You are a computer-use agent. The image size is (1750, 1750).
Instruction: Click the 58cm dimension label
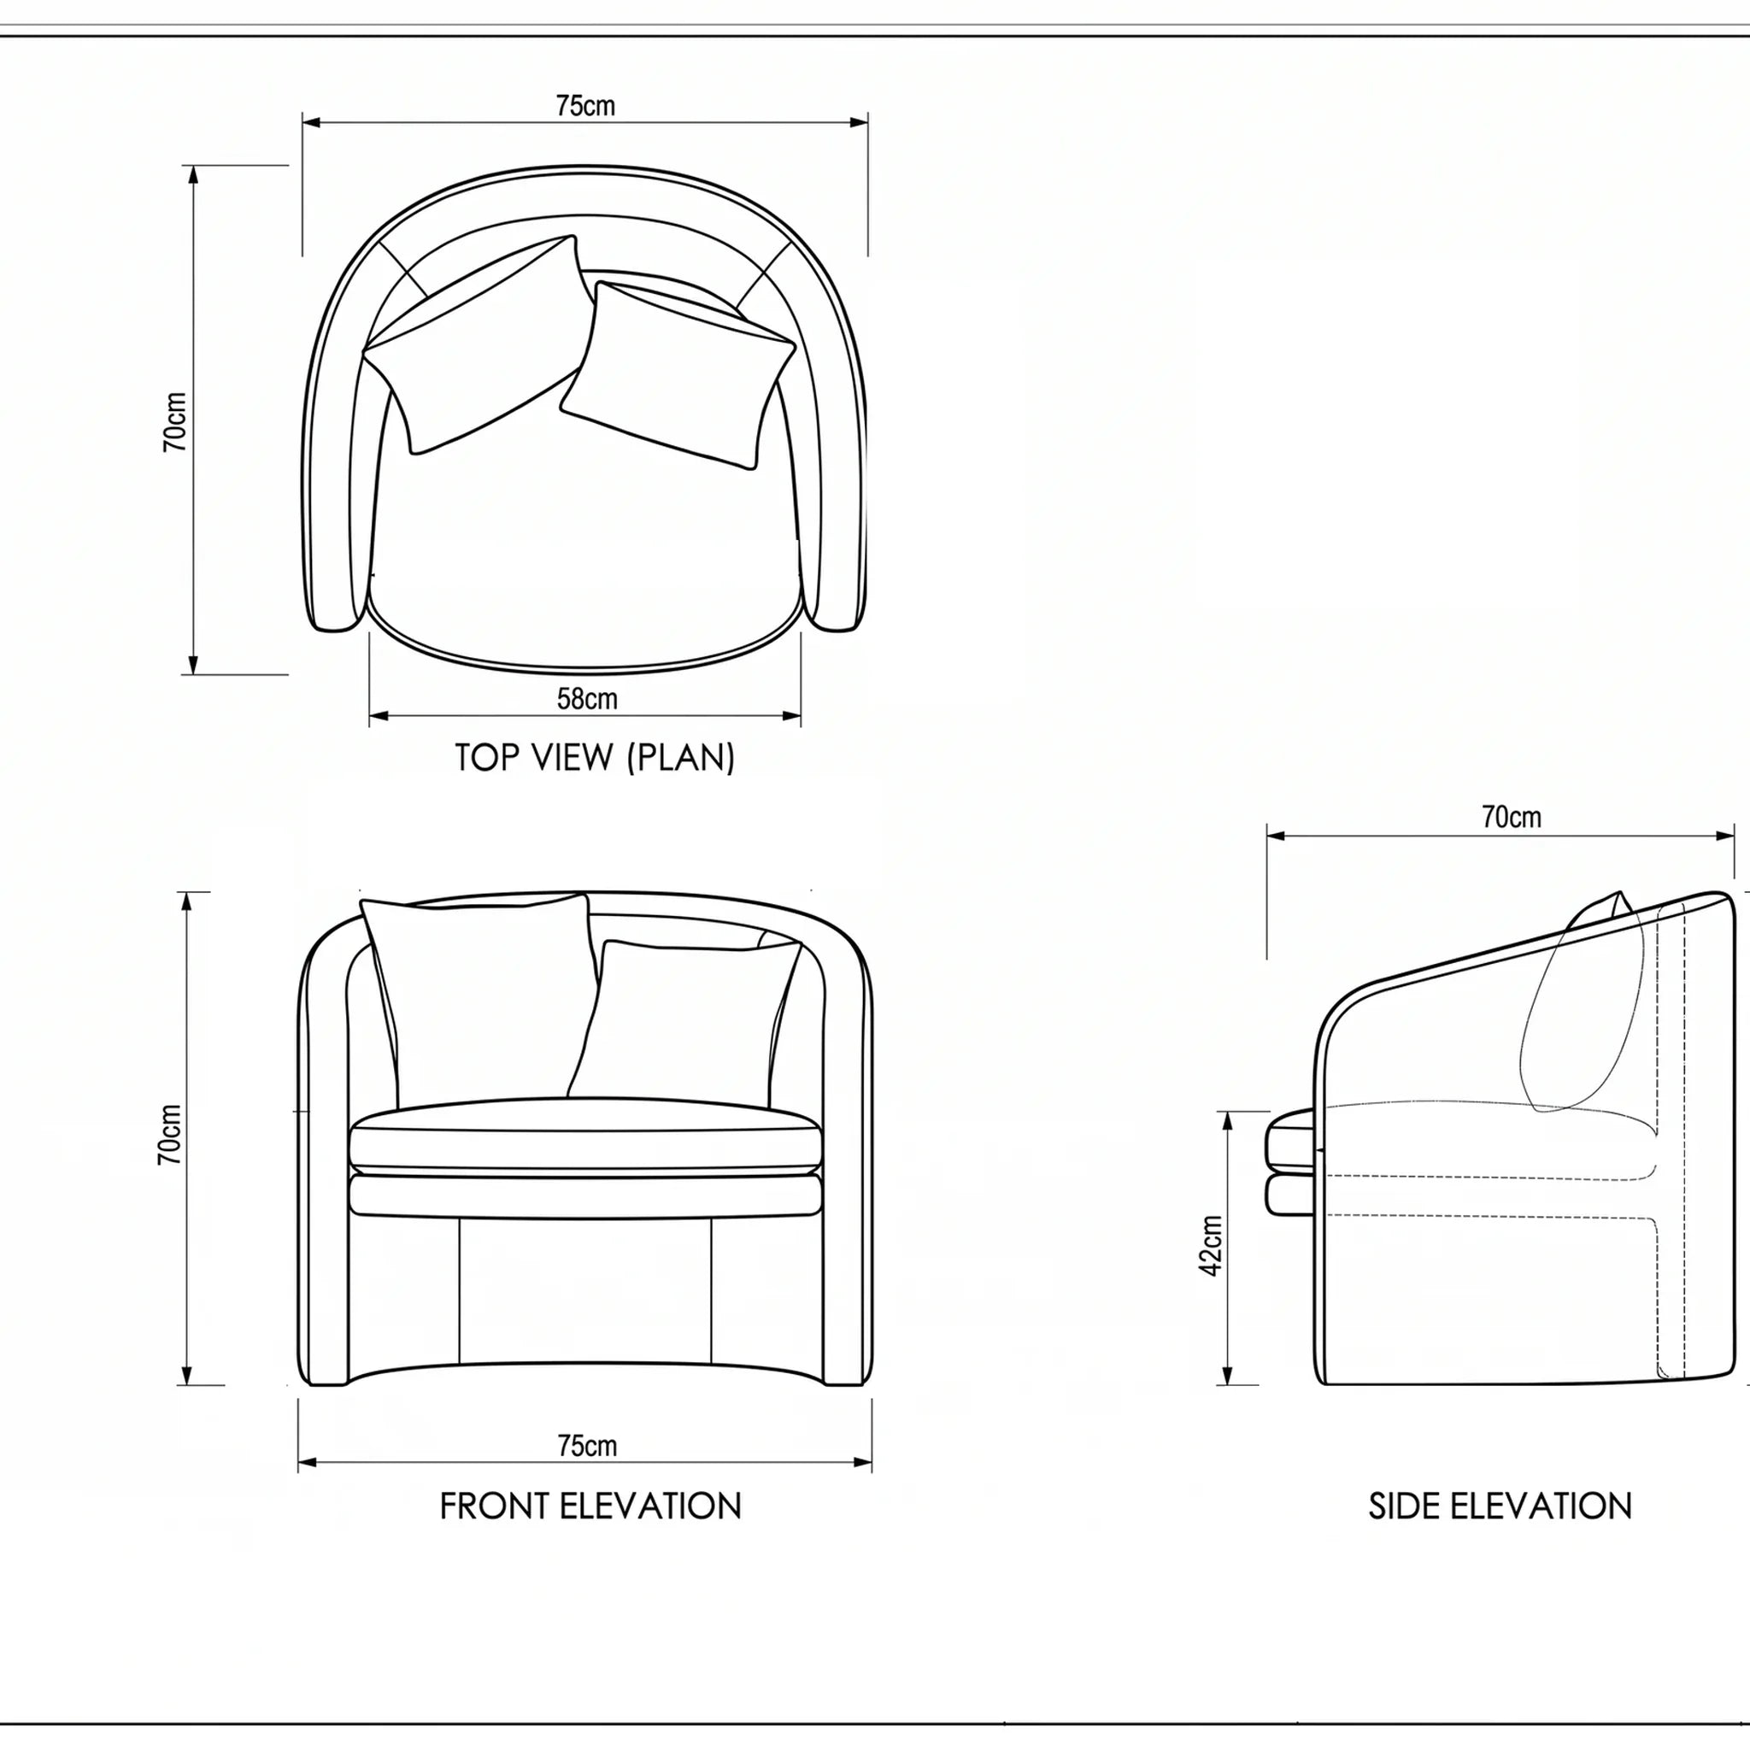point(587,699)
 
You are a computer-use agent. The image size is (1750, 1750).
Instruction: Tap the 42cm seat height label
point(1211,1247)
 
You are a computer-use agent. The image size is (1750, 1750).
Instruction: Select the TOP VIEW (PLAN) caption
point(594,757)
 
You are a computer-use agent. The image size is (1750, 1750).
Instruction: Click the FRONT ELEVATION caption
point(590,1506)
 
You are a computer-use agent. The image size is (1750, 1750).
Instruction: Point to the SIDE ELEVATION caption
point(1500,1506)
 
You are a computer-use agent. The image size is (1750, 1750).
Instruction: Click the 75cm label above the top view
point(585,106)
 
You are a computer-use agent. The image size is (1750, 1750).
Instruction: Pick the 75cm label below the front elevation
point(587,1446)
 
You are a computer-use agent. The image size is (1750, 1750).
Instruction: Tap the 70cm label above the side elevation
point(1512,817)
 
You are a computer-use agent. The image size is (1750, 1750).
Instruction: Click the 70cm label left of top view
point(175,422)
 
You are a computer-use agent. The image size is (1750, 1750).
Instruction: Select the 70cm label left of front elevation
point(170,1135)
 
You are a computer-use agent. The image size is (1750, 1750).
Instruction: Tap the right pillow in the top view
point(678,375)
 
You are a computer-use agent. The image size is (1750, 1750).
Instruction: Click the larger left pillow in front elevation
point(479,1000)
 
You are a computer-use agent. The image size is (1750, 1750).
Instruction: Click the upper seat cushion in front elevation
point(586,1136)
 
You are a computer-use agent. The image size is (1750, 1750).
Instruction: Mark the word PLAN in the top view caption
point(684,757)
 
